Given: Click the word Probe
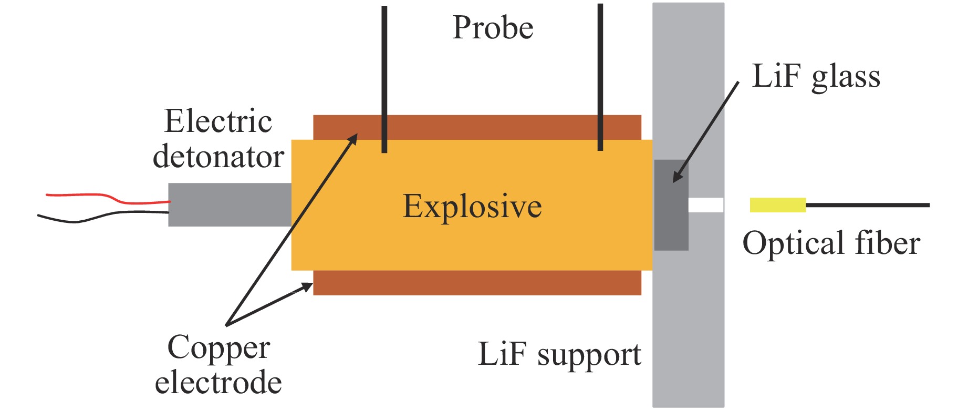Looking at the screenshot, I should (493, 28).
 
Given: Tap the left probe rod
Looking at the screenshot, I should (384, 79).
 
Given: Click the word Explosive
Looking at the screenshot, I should (472, 206).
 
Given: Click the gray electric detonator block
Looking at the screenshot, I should (230, 204).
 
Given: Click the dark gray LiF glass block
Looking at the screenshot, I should (671, 205).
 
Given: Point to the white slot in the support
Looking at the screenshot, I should (705, 205).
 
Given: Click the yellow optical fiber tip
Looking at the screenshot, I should (777, 205).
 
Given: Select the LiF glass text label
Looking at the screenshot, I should (816, 77).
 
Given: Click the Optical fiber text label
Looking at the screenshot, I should (831, 243).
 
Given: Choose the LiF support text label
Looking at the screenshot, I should (559, 354).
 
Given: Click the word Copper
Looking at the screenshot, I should (218, 348).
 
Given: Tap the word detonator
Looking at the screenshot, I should (218, 157).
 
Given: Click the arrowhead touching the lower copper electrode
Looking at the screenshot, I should (306, 286).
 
